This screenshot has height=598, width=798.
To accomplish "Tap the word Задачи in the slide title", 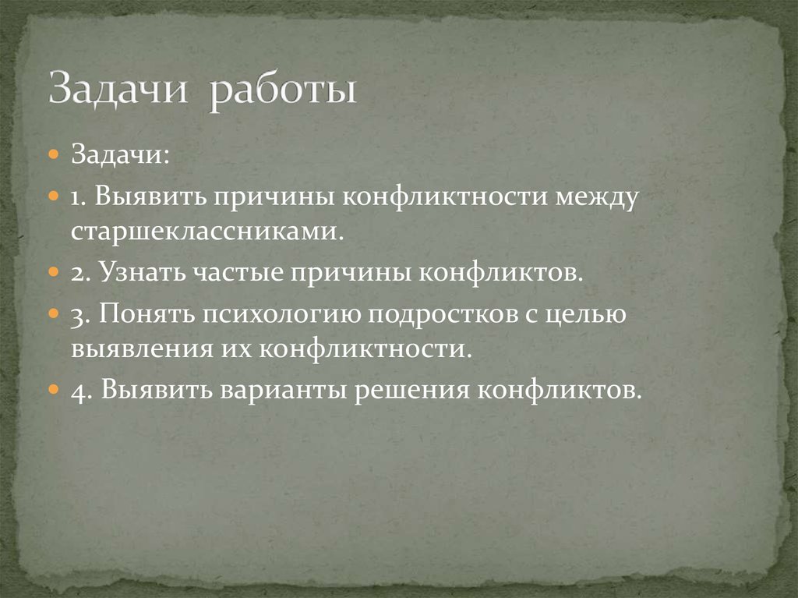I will tap(118, 88).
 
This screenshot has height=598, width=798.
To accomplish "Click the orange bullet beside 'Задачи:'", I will tap(53, 154).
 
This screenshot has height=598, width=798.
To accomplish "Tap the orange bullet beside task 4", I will tap(53, 388).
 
